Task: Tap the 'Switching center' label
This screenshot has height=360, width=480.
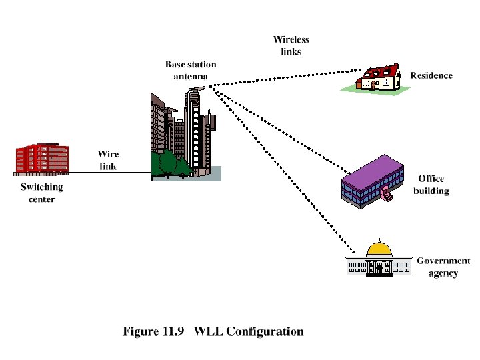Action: pyautogui.click(x=42, y=193)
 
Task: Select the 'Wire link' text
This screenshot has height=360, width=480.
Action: pyautogui.click(x=108, y=160)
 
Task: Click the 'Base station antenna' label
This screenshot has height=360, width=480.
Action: pyautogui.click(x=191, y=71)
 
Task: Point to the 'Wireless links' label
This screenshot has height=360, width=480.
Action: pyautogui.click(x=291, y=45)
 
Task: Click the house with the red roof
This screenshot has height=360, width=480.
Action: pyautogui.click(x=379, y=77)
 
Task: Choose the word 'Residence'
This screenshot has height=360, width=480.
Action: pyautogui.click(x=431, y=75)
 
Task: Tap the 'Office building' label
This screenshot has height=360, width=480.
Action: pyautogui.click(x=431, y=185)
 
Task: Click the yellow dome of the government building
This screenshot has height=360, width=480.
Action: pyautogui.click(x=379, y=249)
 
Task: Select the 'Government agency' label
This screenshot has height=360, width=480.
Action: pyautogui.click(x=443, y=267)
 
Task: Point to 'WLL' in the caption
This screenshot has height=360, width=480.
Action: pyautogui.click(x=208, y=331)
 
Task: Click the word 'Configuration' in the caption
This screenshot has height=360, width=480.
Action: pyautogui.click(x=265, y=331)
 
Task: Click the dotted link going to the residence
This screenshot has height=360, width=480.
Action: pyautogui.click(x=287, y=77)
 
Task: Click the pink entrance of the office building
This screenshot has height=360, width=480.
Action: pyautogui.click(x=387, y=194)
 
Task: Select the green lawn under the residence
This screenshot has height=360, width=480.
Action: pyautogui.click(x=380, y=91)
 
